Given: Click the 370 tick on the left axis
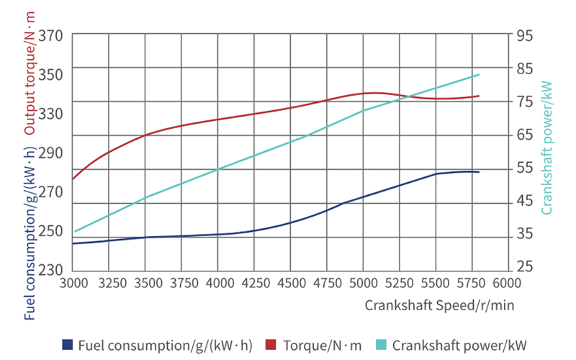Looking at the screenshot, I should (x=53, y=35).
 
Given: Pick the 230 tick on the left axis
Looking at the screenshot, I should (x=53, y=269).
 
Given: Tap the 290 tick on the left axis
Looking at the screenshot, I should (x=53, y=152).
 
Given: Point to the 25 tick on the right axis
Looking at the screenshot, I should (x=524, y=267).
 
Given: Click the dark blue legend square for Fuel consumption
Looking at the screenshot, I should (x=68, y=344).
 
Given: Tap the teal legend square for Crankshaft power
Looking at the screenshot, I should (x=379, y=344).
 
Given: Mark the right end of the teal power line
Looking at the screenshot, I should (x=479, y=75).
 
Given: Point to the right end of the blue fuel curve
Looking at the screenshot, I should (x=479, y=172).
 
